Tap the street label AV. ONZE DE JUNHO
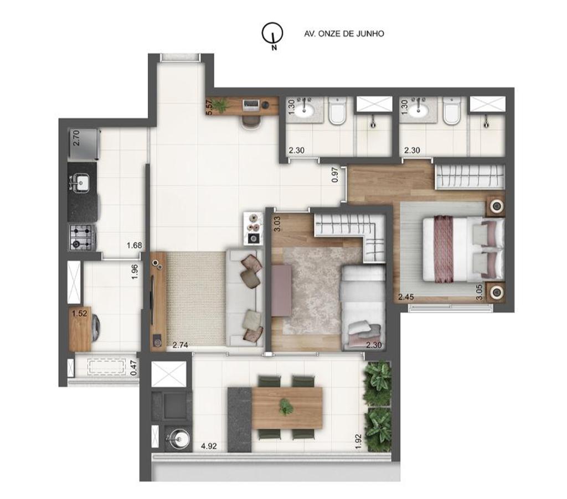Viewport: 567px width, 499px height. tap(344, 34)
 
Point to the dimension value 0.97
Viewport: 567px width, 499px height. tap(335, 174)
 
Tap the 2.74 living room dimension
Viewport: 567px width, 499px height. tap(180, 345)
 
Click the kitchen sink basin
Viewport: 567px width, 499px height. tap(82, 183)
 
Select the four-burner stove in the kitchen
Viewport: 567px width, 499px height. tap(82, 237)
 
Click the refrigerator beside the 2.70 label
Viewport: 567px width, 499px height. tap(84, 144)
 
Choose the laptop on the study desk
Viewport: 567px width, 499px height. tap(251, 105)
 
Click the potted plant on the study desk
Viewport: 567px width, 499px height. tap(220, 105)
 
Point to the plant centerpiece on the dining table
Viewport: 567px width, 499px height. tap(286, 407)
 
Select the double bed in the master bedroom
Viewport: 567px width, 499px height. tap(463, 249)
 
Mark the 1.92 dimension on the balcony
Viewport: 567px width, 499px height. tap(358, 441)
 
